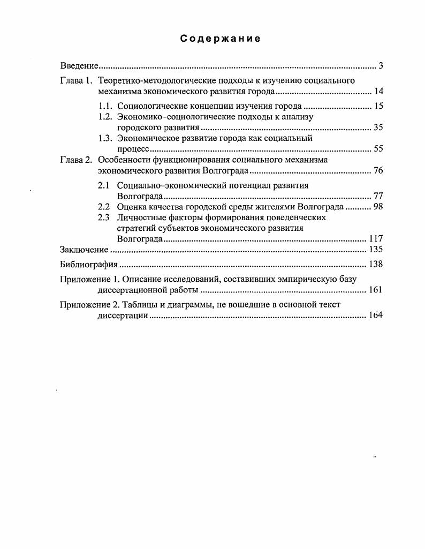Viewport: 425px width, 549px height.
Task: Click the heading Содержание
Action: click(220, 39)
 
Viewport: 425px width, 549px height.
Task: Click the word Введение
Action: click(79, 66)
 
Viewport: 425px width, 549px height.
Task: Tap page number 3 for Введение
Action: click(381, 66)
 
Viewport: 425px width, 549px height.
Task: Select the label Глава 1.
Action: click(77, 81)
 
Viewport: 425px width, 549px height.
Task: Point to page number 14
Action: click(378, 92)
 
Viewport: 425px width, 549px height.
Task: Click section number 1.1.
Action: click(105, 106)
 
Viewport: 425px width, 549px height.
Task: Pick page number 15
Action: click(378, 106)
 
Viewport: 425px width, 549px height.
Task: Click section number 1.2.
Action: click(105, 117)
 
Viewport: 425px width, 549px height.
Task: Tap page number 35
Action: click(378, 127)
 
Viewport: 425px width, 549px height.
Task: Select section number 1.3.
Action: click(105, 138)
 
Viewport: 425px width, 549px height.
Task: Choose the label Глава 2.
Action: click(77, 160)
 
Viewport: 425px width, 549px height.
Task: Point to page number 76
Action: click(378, 171)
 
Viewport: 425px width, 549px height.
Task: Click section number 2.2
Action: click(104, 207)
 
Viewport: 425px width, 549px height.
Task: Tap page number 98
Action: click(378, 207)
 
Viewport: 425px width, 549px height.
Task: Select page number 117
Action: click(376, 239)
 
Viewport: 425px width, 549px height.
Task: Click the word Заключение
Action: click(84, 250)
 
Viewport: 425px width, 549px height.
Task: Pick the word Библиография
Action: click(88, 264)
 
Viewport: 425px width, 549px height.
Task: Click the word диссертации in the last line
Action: click(123, 315)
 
